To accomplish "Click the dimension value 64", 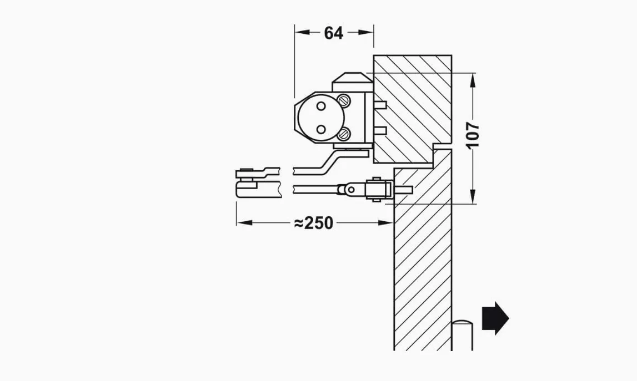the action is [334, 33].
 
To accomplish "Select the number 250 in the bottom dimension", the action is [319, 223].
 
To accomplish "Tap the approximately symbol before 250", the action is [299, 223].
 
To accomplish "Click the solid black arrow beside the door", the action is [495, 318].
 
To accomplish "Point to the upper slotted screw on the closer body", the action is [344, 99].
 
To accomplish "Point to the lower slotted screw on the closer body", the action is [344, 133].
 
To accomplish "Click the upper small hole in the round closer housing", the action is [322, 106].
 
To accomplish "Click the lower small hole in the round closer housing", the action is [322, 129].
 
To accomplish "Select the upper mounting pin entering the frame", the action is [380, 105].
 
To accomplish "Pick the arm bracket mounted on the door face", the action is [379, 189].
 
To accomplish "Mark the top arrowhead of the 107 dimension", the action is [473, 81].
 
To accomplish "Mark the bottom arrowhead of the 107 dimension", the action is [473, 196].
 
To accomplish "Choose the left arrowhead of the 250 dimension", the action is [244, 223].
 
